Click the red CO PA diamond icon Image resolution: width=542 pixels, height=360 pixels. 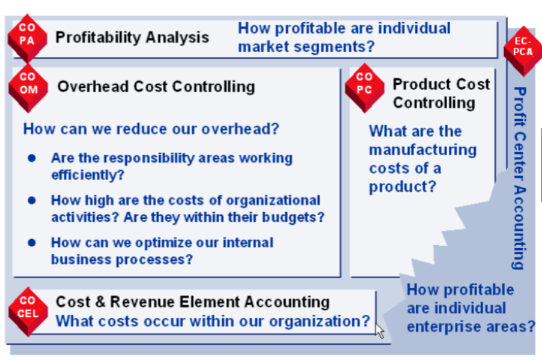click(x=27, y=38)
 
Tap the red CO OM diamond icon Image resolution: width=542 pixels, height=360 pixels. click(x=28, y=88)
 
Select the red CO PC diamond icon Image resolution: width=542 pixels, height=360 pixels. click(x=365, y=88)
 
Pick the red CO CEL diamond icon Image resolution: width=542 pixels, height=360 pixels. click(x=28, y=311)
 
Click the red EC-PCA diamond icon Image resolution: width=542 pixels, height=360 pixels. click(x=523, y=51)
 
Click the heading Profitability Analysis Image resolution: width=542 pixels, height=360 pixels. click(x=132, y=37)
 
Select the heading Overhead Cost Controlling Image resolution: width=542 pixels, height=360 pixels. click(x=156, y=87)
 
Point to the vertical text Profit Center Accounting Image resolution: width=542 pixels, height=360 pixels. click(x=520, y=178)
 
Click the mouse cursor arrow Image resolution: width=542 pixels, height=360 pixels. click(x=380, y=331)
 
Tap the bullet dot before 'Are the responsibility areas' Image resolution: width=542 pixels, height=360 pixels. click(x=31, y=158)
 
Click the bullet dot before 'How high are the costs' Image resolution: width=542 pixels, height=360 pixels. click(x=31, y=200)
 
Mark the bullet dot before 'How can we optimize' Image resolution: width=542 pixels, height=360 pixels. click(x=31, y=243)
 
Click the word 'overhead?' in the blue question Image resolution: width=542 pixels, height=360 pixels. click(x=240, y=129)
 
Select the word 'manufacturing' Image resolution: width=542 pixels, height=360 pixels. click(x=423, y=150)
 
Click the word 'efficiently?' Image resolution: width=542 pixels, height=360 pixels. click(x=88, y=175)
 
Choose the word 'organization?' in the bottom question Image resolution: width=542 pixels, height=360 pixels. click(x=320, y=322)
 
